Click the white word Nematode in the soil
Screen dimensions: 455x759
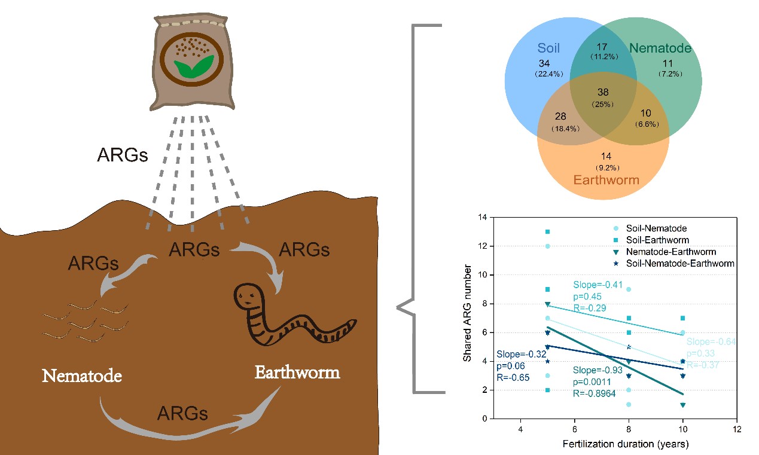coord(82,376)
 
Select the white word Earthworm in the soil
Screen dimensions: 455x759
coord(297,372)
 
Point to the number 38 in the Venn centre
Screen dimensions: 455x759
coord(602,93)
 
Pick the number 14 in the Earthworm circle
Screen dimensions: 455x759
coord(606,157)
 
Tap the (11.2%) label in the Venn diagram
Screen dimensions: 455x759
coord(603,57)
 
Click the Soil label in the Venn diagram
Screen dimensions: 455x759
coord(548,48)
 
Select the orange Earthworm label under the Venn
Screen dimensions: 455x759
coord(606,179)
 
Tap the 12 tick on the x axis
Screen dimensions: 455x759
coord(736,429)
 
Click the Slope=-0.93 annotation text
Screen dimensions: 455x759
coord(595,371)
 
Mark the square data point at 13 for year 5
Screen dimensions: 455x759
coord(547,231)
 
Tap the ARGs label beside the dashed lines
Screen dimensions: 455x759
coord(123,155)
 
